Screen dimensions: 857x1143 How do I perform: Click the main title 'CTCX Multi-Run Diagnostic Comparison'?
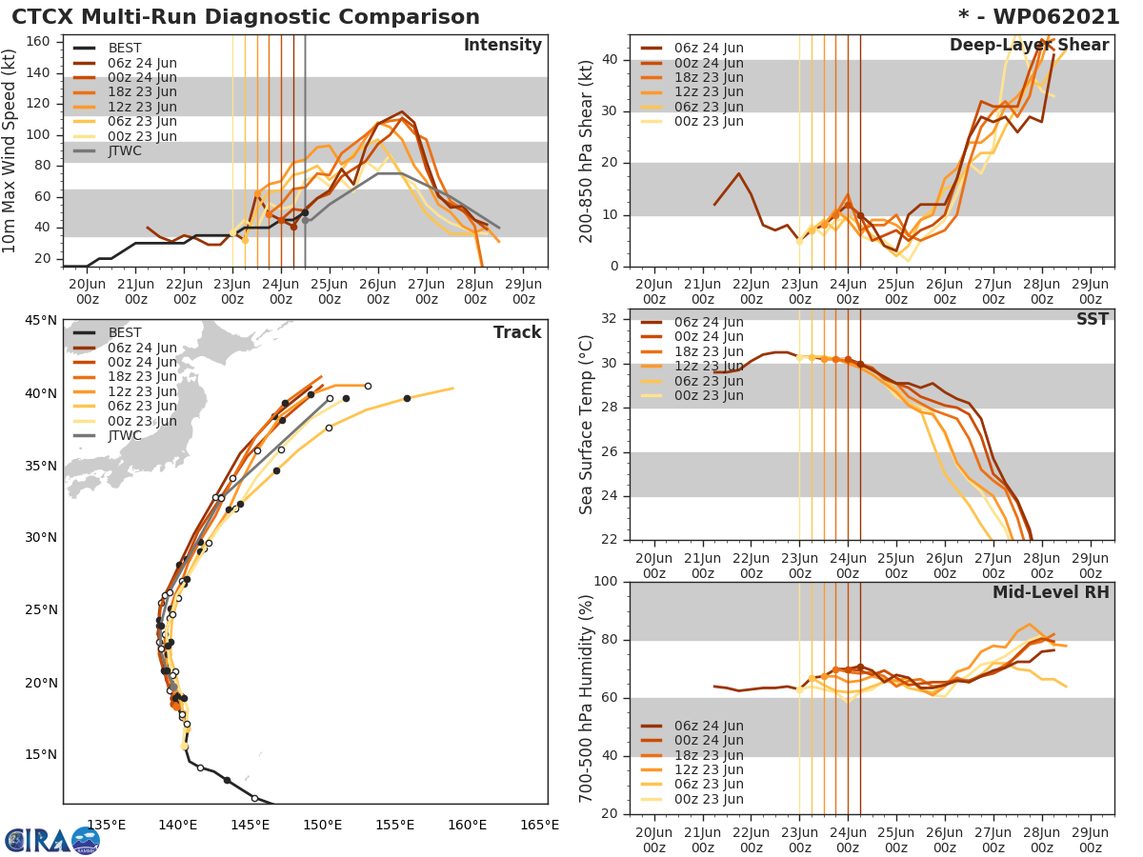click(246, 17)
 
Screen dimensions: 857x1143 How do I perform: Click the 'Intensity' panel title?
click(502, 46)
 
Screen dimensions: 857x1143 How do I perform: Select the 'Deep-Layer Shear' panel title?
click(1029, 46)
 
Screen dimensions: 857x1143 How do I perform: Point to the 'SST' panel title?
click(1092, 319)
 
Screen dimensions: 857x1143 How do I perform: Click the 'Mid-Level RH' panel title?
click(1051, 592)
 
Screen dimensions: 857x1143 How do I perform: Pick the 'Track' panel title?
click(517, 332)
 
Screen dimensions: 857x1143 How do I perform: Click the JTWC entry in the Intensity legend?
click(125, 150)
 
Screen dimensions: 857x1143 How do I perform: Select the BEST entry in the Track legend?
click(125, 332)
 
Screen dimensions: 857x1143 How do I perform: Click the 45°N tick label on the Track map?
click(41, 320)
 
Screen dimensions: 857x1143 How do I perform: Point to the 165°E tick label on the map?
click(539, 825)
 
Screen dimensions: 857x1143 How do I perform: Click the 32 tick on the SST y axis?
click(612, 319)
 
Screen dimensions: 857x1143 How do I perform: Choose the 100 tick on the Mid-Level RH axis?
click(605, 581)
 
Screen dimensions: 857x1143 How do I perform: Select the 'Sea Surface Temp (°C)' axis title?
click(587, 424)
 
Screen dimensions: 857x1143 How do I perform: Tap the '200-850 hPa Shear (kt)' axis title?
click(587, 150)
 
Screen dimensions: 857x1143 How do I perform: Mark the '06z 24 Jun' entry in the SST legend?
click(709, 322)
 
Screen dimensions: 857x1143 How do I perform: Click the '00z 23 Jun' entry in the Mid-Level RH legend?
click(709, 800)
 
